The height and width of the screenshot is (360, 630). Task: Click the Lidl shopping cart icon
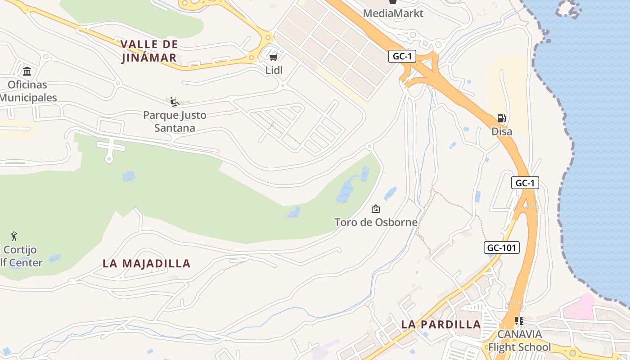click(x=273, y=57)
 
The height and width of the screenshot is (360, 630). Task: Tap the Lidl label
click(x=274, y=70)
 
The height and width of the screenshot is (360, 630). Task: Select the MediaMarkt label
click(x=393, y=13)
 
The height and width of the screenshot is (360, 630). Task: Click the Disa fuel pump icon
click(x=501, y=118)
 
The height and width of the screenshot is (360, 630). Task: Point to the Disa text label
click(x=502, y=131)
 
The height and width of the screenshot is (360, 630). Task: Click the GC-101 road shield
click(x=502, y=247)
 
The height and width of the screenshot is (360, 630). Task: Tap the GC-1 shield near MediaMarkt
click(x=402, y=56)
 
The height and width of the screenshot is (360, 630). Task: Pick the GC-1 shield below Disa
click(x=525, y=183)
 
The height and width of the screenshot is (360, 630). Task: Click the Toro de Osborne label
click(x=376, y=222)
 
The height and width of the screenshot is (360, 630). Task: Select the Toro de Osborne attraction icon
click(x=375, y=209)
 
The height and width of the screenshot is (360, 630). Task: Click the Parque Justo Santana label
click(x=175, y=121)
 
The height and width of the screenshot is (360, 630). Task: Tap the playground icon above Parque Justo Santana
click(x=174, y=101)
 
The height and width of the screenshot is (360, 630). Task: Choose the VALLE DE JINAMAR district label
click(x=149, y=51)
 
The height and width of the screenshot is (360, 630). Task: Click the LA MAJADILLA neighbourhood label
click(x=147, y=263)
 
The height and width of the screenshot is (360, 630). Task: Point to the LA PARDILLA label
click(x=441, y=324)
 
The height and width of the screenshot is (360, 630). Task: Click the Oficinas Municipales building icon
click(x=27, y=71)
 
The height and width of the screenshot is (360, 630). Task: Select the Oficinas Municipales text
click(x=28, y=91)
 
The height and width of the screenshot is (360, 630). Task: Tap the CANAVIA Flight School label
click(x=519, y=341)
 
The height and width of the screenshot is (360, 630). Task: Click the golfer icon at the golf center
click(x=14, y=236)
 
